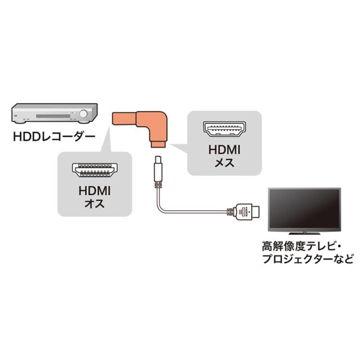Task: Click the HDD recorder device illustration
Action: [x=55, y=113]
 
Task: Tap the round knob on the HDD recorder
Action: [x=83, y=113]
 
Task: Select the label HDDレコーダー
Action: [x=54, y=136]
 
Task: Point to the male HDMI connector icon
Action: [x=94, y=170]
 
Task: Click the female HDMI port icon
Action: [x=224, y=129]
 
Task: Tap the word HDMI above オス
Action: [x=94, y=191]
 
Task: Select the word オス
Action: [x=94, y=203]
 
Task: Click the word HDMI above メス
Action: [x=224, y=150]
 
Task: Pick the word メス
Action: [x=224, y=162]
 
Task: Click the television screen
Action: [x=304, y=209]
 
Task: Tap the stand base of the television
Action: [x=304, y=233]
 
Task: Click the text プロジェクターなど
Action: [x=308, y=258]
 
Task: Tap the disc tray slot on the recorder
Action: [x=53, y=116]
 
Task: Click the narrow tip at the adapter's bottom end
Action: [x=158, y=144]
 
